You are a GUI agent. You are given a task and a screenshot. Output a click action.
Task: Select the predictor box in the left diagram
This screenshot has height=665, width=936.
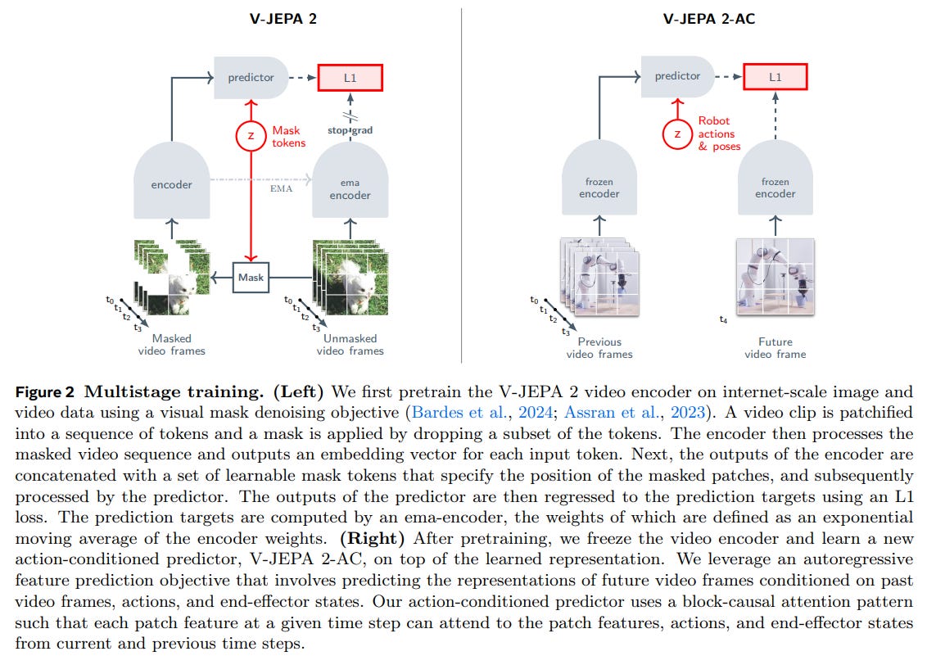[251, 78]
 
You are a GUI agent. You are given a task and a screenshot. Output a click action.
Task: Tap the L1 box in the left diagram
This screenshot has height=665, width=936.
[350, 78]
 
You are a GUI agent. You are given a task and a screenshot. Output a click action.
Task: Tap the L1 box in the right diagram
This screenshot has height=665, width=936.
[775, 76]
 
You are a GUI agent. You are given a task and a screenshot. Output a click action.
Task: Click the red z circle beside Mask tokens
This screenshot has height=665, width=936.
[251, 136]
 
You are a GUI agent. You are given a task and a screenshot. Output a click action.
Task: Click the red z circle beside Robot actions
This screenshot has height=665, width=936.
[676, 133]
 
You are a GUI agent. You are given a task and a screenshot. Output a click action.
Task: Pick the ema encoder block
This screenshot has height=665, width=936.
[350, 188]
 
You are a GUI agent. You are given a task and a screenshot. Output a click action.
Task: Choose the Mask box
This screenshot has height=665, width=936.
[251, 277]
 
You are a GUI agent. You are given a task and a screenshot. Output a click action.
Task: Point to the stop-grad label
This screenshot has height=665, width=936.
[350, 131]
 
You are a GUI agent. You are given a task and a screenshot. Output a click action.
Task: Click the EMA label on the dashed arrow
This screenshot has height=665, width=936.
[282, 188]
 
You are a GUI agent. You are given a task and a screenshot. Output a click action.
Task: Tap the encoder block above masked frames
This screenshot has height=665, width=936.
[171, 184]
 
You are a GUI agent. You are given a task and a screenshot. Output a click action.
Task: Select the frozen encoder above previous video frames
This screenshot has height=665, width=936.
[598, 188]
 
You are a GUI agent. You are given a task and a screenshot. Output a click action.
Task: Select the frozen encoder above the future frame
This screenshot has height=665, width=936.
[775, 188]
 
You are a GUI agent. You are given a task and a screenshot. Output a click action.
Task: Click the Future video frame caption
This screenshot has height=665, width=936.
[775, 348]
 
